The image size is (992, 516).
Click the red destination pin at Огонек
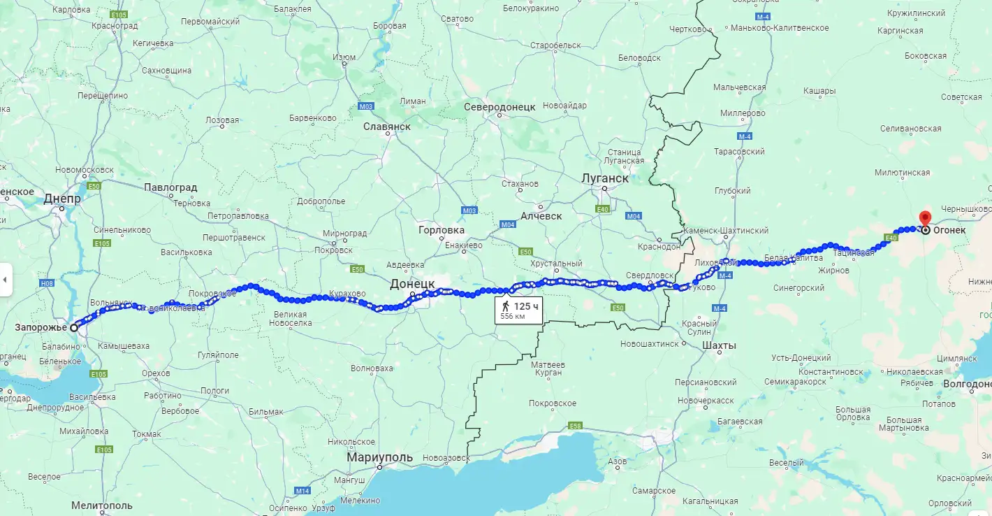tap(925, 218)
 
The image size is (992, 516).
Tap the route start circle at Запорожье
tap(74, 327)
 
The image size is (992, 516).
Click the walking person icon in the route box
tap(505, 306)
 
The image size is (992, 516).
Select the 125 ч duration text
tap(526, 306)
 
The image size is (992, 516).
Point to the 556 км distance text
tap(512, 317)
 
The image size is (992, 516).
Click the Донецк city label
tap(412, 283)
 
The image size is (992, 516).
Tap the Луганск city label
tap(605, 178)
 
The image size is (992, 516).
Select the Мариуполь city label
tap(379, 458)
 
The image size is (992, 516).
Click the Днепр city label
tap(62, 199)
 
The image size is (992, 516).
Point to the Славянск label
tap(386, 127)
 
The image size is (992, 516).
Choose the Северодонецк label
tap(499, 107)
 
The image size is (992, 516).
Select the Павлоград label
tap(170, 187)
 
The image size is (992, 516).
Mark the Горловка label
tap(441, 229)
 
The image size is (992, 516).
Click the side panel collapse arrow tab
tap(6, 280)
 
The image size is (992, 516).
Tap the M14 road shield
tap(302, 491)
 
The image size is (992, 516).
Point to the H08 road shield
tap(47, 283)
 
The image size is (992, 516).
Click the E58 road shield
tap(575, 425)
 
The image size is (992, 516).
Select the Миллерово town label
tap(743, 113)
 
